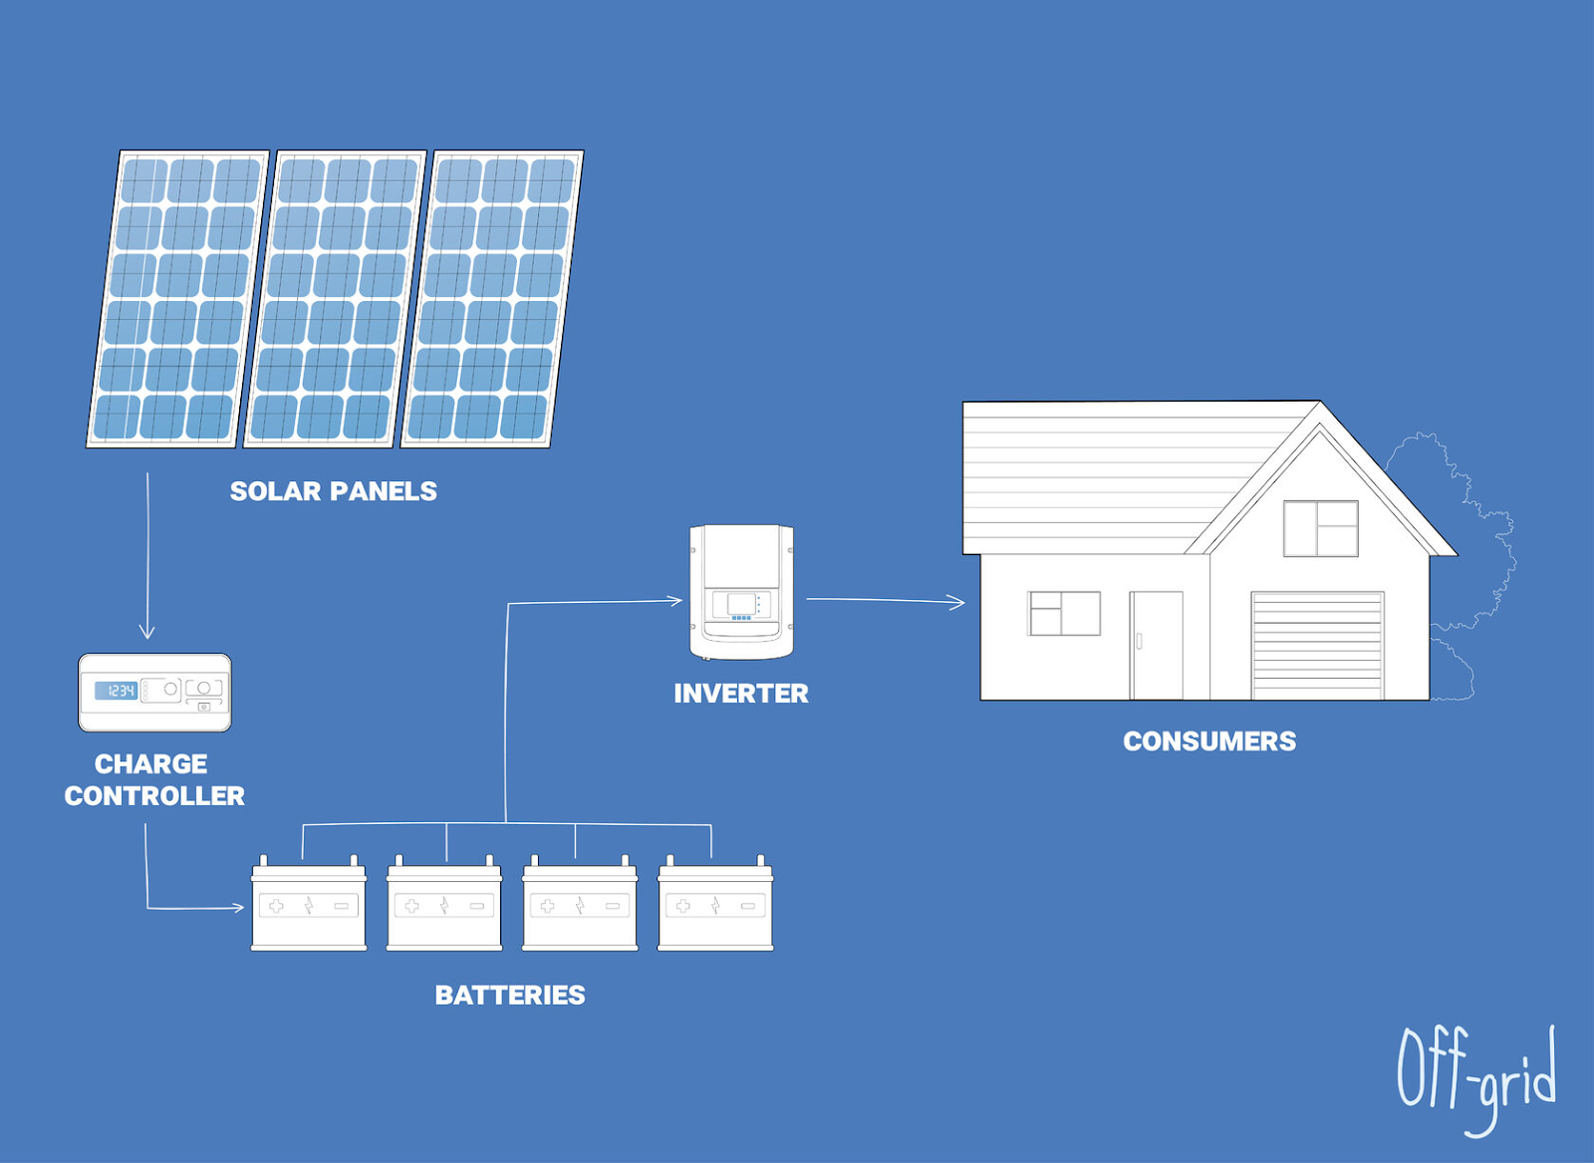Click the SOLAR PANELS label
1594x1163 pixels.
333,491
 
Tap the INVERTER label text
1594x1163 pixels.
740,694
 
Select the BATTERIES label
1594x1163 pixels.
510,995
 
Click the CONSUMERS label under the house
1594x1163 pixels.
1209,741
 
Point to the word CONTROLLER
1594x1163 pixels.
154,796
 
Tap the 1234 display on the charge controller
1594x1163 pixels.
117,691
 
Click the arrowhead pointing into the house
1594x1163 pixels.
958,602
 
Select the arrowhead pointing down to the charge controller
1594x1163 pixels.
147,632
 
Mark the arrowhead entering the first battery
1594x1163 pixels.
239,907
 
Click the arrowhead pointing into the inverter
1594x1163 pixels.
676,600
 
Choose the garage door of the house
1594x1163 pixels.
1317,646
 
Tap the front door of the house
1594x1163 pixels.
1156,646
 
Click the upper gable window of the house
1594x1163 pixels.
1320,528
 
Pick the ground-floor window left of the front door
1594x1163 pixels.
1064,613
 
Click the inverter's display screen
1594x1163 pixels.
740,604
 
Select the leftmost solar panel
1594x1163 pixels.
178,299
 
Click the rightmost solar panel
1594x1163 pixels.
492,299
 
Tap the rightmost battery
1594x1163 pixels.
715,905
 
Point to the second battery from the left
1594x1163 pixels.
444,905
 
